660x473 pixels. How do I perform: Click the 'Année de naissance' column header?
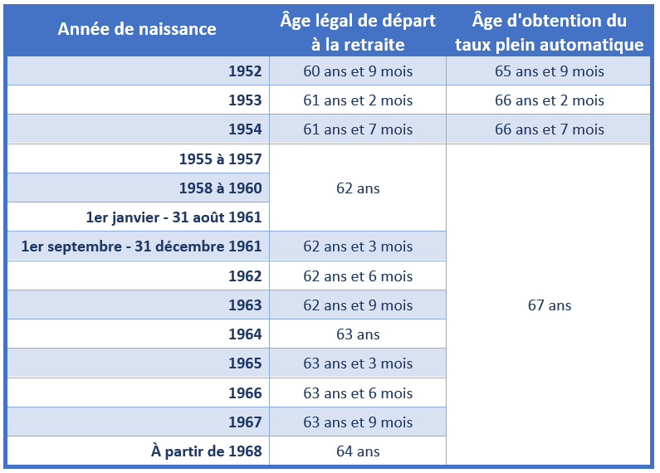(137, 29)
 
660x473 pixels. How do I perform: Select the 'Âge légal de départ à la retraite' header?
(358, 32)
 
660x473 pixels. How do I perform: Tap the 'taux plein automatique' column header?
(549, 32)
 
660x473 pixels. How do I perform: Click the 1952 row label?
(245, 71)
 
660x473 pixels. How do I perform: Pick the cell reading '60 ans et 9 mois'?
(358, 71)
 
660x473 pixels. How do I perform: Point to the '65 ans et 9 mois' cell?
(549, 71)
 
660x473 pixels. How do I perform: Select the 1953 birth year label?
(245, 100)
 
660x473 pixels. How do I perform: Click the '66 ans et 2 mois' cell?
(549, 100)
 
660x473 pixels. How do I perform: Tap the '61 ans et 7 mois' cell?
(358, 129)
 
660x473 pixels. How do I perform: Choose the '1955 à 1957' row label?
(220, 158)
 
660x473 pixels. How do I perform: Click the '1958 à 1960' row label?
(220, 188)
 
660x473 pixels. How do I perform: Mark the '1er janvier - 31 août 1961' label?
(174, 217)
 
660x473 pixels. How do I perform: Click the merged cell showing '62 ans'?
(358, 188)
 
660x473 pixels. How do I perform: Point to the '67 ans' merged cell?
(549, 305)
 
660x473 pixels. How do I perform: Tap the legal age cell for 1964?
(358, 334)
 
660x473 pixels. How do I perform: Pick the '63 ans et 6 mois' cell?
(358, 393)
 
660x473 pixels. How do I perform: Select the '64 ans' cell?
(358, 451)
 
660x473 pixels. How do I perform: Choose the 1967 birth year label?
(245, 422)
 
